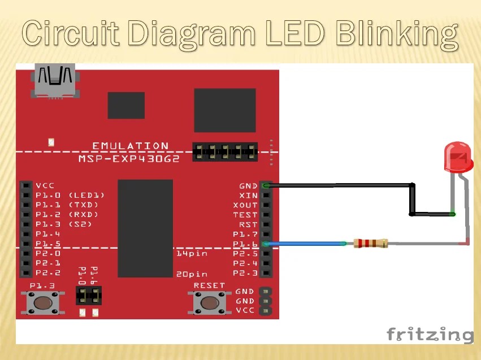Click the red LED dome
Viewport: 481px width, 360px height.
tap(458, 157)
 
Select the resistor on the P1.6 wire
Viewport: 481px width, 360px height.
tap(371, 244)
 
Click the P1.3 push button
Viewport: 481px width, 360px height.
tap(42, 302)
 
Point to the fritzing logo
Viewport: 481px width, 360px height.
tap(430, 334)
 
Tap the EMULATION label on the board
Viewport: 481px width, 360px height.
tap(130, 146)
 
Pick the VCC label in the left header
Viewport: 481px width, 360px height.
tap(45, 185)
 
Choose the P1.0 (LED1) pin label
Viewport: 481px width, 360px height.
tap(70, 195)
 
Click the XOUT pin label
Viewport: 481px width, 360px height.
tap(245, 205)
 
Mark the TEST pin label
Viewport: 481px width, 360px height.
tap(245, 215)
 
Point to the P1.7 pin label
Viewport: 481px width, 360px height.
tap(245, 234)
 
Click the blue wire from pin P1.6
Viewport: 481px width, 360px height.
tap(305, 244)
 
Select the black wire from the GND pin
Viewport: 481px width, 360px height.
tap(339, 185)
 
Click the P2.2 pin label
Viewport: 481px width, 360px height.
tap(47, 273)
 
